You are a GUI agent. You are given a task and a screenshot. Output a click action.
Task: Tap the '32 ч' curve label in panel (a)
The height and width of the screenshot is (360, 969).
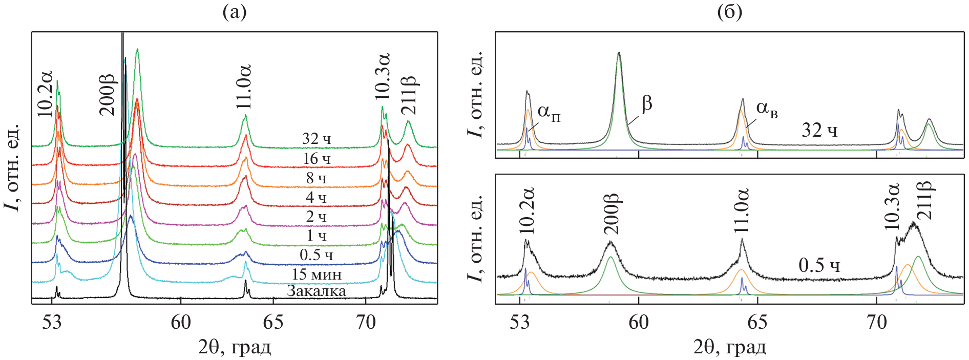317,139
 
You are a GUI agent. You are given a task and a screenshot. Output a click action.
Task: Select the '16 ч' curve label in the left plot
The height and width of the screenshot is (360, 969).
317,159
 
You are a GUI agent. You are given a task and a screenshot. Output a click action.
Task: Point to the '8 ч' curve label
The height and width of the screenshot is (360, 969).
317,178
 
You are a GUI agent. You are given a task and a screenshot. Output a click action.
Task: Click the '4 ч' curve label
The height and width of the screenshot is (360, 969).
317,197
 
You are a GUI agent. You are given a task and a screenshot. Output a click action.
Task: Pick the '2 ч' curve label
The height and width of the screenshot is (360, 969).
317,217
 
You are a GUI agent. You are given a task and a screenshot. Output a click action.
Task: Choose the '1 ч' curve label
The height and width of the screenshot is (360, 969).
317,236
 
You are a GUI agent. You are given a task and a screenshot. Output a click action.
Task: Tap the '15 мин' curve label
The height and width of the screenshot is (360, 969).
317,274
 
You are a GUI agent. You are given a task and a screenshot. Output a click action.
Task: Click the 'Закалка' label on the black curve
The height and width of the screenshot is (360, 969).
316,291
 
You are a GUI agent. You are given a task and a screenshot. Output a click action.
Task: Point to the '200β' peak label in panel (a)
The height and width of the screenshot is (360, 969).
108,95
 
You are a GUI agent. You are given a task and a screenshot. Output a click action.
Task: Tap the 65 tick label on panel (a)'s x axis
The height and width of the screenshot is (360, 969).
273,322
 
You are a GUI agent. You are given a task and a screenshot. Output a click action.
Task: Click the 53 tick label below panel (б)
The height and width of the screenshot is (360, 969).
520,322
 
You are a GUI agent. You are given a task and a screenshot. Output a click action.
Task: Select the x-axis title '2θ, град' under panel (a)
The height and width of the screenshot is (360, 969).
235,347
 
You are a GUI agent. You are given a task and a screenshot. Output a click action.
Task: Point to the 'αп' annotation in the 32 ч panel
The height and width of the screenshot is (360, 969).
549,113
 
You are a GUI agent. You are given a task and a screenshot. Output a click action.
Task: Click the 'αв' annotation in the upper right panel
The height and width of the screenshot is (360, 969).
767,109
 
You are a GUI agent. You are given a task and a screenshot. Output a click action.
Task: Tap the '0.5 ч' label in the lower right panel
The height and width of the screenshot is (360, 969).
819,265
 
